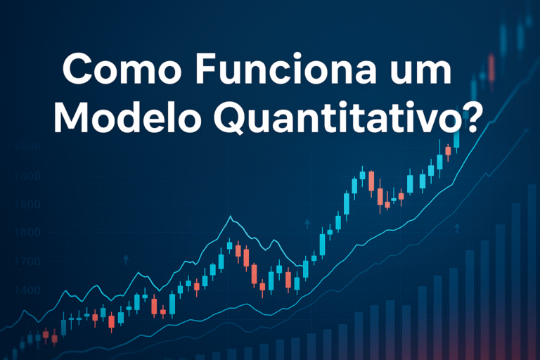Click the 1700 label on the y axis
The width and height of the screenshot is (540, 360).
[26, 262]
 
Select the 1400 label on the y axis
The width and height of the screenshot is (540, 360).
[26, 290]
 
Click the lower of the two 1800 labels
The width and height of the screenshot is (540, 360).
[26, 233]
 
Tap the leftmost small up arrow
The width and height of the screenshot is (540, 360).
[126, 259]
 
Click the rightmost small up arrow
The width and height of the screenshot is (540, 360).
[457, 227]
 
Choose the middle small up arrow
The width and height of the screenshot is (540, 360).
[307, 224]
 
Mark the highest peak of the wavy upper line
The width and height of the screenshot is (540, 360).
[230, 217]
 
